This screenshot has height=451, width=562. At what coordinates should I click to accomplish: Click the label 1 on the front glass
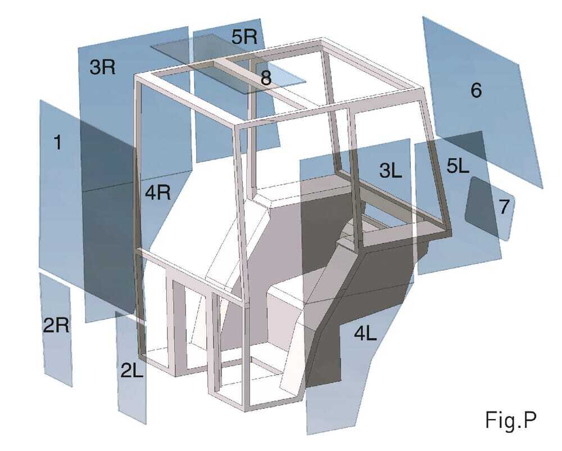(57, 142)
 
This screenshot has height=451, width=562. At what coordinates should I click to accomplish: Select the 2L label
(132, 370)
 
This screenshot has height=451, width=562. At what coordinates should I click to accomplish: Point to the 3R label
(102, 67)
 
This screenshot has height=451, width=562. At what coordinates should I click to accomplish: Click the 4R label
(158, 193)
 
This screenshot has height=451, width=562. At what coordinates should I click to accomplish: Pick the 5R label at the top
(244, 37)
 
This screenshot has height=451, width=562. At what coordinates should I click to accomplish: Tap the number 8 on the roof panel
(266, 78)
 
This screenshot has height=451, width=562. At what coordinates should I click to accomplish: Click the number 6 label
(476, 90)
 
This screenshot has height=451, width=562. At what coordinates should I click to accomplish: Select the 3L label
(391, 171)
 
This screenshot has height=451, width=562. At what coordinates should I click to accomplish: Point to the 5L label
(458, 166)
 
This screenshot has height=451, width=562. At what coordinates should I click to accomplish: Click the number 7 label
(504, 207)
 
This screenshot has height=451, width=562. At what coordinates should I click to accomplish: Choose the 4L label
(365, 334)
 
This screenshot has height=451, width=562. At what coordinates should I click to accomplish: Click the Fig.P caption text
(511, 420)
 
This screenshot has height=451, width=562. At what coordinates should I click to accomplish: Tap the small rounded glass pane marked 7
(490, 208)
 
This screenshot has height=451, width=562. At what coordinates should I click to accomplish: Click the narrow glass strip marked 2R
(57, 330)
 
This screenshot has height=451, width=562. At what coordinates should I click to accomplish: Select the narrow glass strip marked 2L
(131, 367)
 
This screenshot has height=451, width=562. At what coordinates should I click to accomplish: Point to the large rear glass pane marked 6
(482, 102)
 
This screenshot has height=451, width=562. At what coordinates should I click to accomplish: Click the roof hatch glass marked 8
(228, 64)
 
